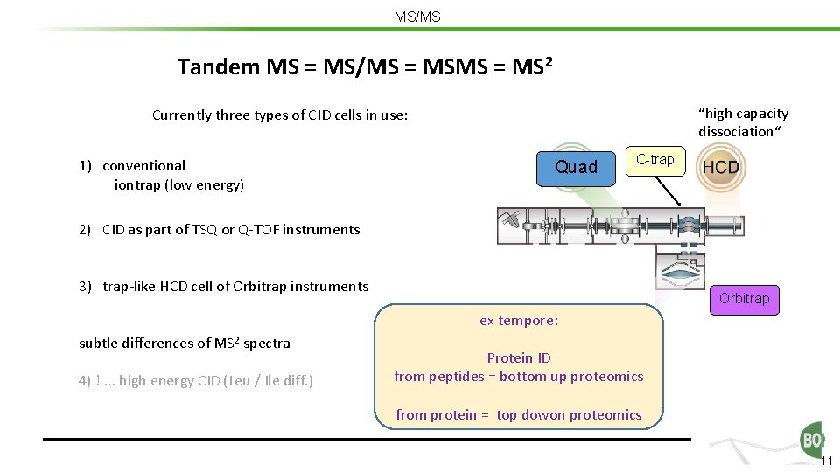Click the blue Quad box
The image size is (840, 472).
click(x=576, y=167)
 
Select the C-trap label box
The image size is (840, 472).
click(x=654, y=160)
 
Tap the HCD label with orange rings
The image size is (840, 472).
click(x=721, y=167)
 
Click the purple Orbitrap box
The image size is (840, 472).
click(x=744, y=299)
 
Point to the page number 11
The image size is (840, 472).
click(x=827, y=461)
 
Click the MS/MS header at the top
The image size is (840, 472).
click(x=418, y=17)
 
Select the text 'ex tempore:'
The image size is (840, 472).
click(x=519, y=321)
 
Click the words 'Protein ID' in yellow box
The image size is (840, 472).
click(x=519, y=357)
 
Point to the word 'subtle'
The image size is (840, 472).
click(x=99, y=344)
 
